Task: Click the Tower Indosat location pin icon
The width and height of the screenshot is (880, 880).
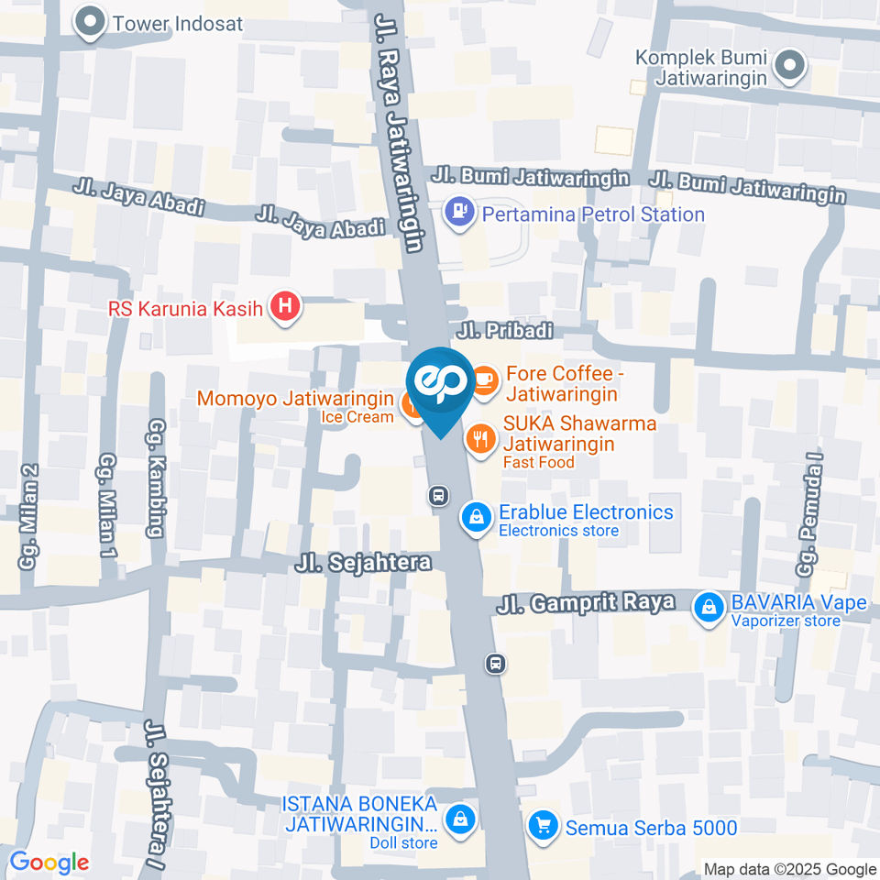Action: tap(90, 23)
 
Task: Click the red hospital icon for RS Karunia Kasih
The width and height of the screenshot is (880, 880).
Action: tap(286, 307)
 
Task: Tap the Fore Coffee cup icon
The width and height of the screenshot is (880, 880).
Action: tap(484, 378)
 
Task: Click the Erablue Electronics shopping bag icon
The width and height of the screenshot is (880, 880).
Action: tap(476, 518)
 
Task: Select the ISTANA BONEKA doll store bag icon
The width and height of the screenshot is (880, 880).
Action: tap(456, 817)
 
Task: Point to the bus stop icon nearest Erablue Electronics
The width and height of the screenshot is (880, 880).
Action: tap(438, 496)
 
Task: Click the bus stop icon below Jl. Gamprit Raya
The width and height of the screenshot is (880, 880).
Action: tap(495, 662)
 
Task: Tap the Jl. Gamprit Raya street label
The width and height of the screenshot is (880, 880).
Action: tap(587, 603)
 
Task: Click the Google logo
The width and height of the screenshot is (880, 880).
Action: tap(49, 862)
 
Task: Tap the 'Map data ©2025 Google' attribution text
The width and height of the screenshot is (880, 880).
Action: tap(790, 869)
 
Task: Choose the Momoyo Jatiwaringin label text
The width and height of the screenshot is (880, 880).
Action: tap(293, 399)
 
